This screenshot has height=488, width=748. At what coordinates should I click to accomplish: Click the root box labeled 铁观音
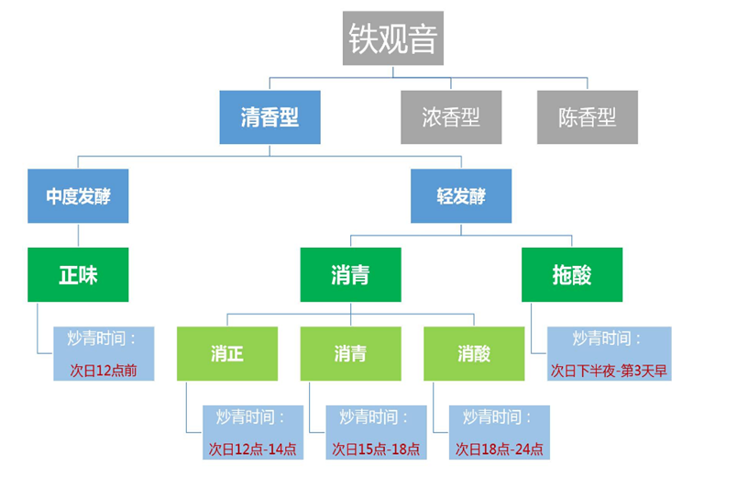click(393, 39)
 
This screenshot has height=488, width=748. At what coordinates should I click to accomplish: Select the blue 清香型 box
click(269, 116)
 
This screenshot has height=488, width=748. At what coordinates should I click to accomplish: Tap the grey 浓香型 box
click(451, 116)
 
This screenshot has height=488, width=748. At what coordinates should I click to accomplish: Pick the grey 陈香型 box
click(588, 116)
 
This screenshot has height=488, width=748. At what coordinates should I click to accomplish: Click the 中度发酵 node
click(78, 195)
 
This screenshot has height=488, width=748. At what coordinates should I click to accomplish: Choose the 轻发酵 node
click(461, 195)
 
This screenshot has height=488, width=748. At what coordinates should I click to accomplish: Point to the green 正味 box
click(78, 274)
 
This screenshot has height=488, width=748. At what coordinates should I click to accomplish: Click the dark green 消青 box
click(350, 274)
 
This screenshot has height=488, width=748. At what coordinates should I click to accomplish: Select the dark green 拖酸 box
click(572, 274)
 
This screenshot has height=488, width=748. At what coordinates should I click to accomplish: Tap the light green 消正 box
click(226, 353)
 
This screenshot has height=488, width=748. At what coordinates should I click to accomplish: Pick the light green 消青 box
click(350, 353)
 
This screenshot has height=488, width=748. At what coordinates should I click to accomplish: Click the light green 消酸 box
click(473, 353)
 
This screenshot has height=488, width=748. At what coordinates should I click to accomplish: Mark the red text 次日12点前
click(102, 370)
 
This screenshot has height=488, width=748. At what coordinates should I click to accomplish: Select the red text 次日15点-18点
click(376, 449)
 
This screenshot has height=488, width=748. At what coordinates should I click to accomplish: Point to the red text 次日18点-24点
click(500, 449)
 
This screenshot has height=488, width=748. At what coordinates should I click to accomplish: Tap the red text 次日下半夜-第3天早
click(609, 370)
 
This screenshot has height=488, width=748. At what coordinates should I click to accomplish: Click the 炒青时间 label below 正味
click(102, 338)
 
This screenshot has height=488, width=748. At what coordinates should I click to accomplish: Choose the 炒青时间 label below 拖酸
click(607, 338)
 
